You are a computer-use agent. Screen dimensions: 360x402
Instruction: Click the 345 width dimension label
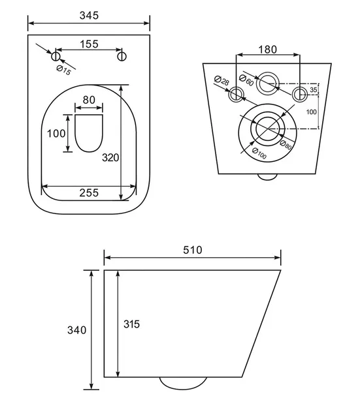click(89, 16)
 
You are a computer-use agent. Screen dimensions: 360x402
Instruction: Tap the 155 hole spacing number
click(89, 44)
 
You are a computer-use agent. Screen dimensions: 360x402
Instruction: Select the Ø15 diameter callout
click(63, 70)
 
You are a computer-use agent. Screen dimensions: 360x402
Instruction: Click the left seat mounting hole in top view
click(56, 56)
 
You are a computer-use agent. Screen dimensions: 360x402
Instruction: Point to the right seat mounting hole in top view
click(122, 56)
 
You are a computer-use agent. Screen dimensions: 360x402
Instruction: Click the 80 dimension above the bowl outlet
click(89, 100)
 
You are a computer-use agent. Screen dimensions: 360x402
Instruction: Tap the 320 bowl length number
click(110, 158)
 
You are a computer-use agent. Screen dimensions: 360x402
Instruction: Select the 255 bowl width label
click(89, 193)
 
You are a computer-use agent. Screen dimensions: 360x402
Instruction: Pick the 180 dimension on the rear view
click(267, 50)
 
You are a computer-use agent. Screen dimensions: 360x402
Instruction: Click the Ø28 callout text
click(221, 80)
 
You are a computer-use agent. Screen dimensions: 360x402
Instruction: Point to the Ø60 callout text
click(246, 80)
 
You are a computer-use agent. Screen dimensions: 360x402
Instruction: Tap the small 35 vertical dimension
click(314, 90)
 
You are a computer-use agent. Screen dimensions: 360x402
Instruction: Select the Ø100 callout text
click(259, 153)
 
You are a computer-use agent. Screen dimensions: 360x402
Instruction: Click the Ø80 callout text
click(286, 145)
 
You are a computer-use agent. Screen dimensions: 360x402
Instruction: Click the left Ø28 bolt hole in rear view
click(236, 95)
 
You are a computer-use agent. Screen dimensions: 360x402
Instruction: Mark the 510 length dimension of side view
click(193, 250)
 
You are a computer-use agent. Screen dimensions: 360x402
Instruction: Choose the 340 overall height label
click(76, 330)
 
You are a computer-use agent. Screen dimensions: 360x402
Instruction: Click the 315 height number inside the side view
click(131, 324)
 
